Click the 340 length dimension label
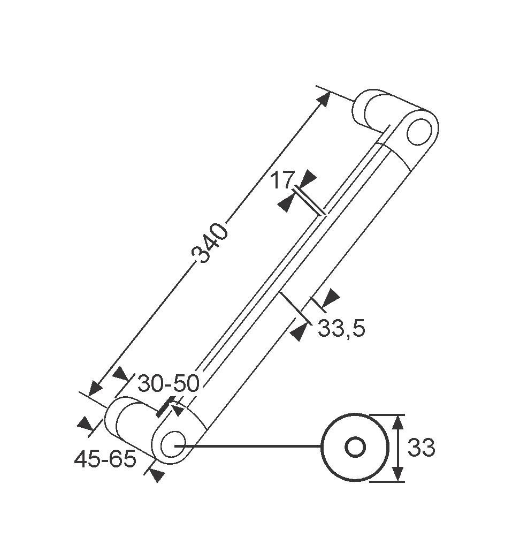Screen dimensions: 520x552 (210, 244)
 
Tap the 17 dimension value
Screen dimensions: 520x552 (281, 181)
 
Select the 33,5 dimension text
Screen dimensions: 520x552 (341, 329)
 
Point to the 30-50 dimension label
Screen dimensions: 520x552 (168, 383)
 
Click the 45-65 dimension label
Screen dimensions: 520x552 (105, 459)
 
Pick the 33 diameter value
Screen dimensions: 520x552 (421, 448)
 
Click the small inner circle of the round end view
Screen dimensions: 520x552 (355, 447)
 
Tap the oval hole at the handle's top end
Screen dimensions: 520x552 (419, 132)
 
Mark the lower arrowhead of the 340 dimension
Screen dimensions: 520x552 (96, 388)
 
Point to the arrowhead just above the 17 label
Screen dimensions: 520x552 (309, 177)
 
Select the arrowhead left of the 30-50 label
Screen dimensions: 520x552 (121, 374)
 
